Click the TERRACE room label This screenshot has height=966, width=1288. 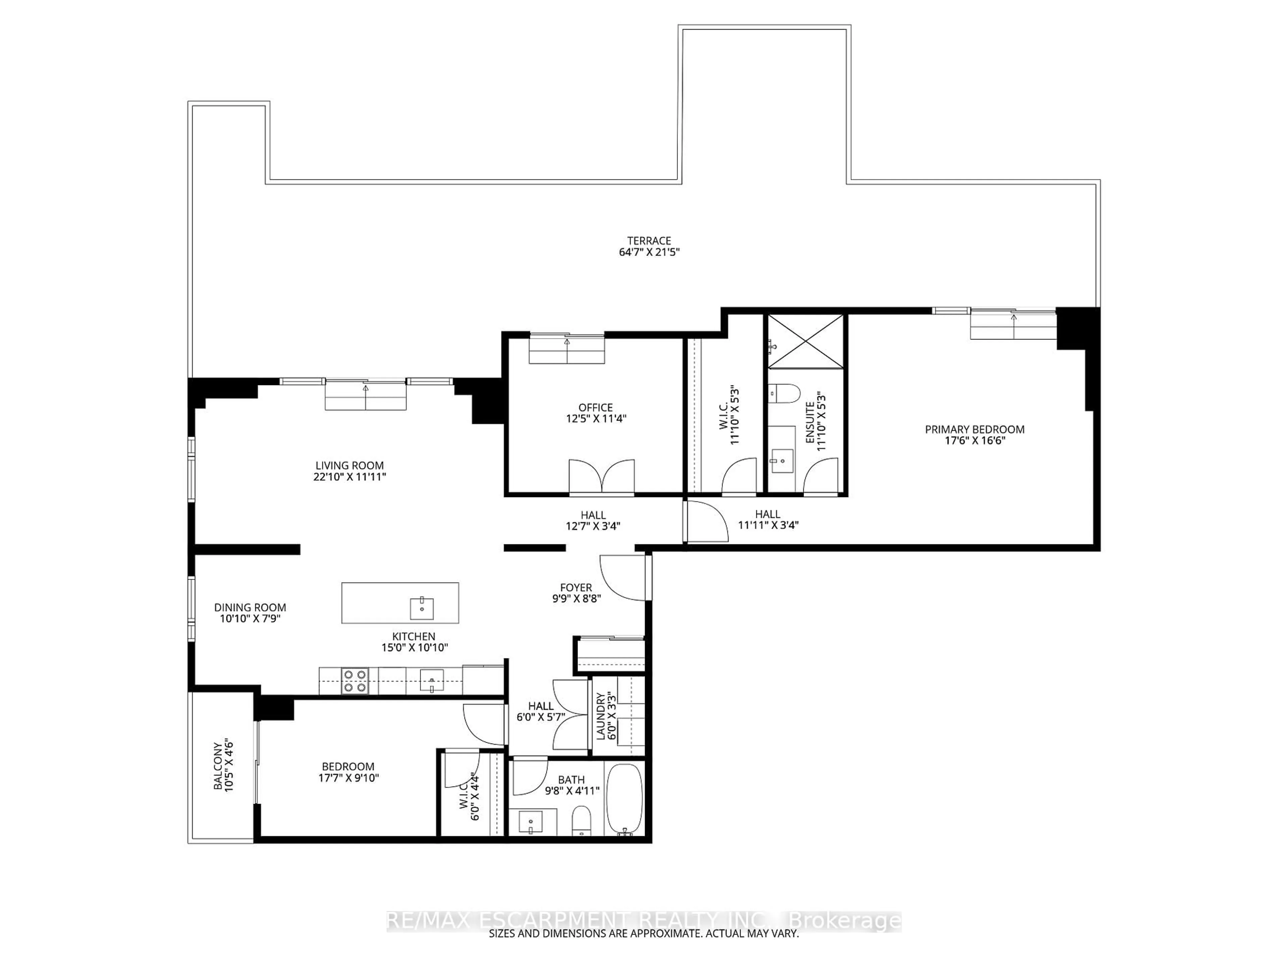649,240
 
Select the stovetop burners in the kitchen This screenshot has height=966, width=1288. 355,681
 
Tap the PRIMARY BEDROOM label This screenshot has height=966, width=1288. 974,429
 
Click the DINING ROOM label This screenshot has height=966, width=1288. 250,607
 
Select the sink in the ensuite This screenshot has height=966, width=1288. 782,461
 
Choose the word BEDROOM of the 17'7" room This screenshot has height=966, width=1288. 348,766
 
